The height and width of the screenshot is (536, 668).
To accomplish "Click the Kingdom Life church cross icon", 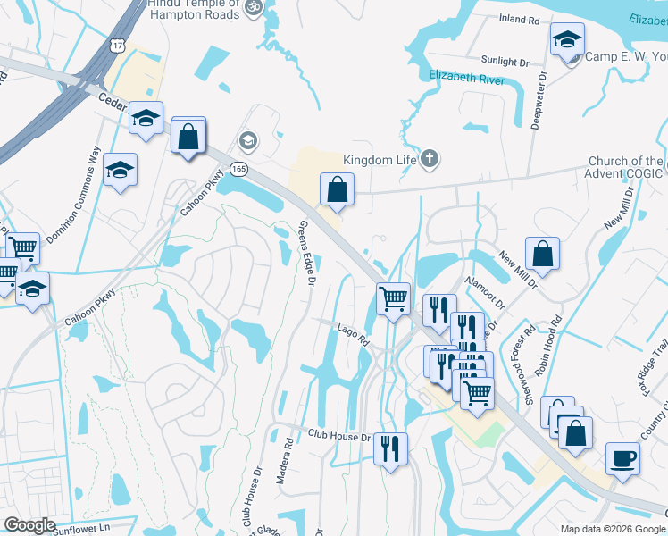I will (x=430, y=160).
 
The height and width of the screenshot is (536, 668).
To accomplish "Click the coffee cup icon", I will (x=622, y=458).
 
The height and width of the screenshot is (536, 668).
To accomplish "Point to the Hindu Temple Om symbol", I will (x=252, y=7).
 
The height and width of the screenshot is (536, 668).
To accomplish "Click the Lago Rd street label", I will (x=353, y=335).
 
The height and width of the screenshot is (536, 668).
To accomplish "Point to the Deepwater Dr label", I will (x=538, y=96).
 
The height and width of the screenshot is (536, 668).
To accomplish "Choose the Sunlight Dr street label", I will (x=505, y=62).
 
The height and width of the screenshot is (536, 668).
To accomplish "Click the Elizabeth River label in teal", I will (x=466, y=79).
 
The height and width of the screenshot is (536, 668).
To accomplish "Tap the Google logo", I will (x=29, y=525).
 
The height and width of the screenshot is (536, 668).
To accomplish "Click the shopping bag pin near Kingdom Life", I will (x=338, y=189).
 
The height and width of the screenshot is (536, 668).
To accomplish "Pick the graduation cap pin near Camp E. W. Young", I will (x=567, y=39).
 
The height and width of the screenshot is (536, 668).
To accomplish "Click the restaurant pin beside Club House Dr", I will (x=390, y=448).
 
